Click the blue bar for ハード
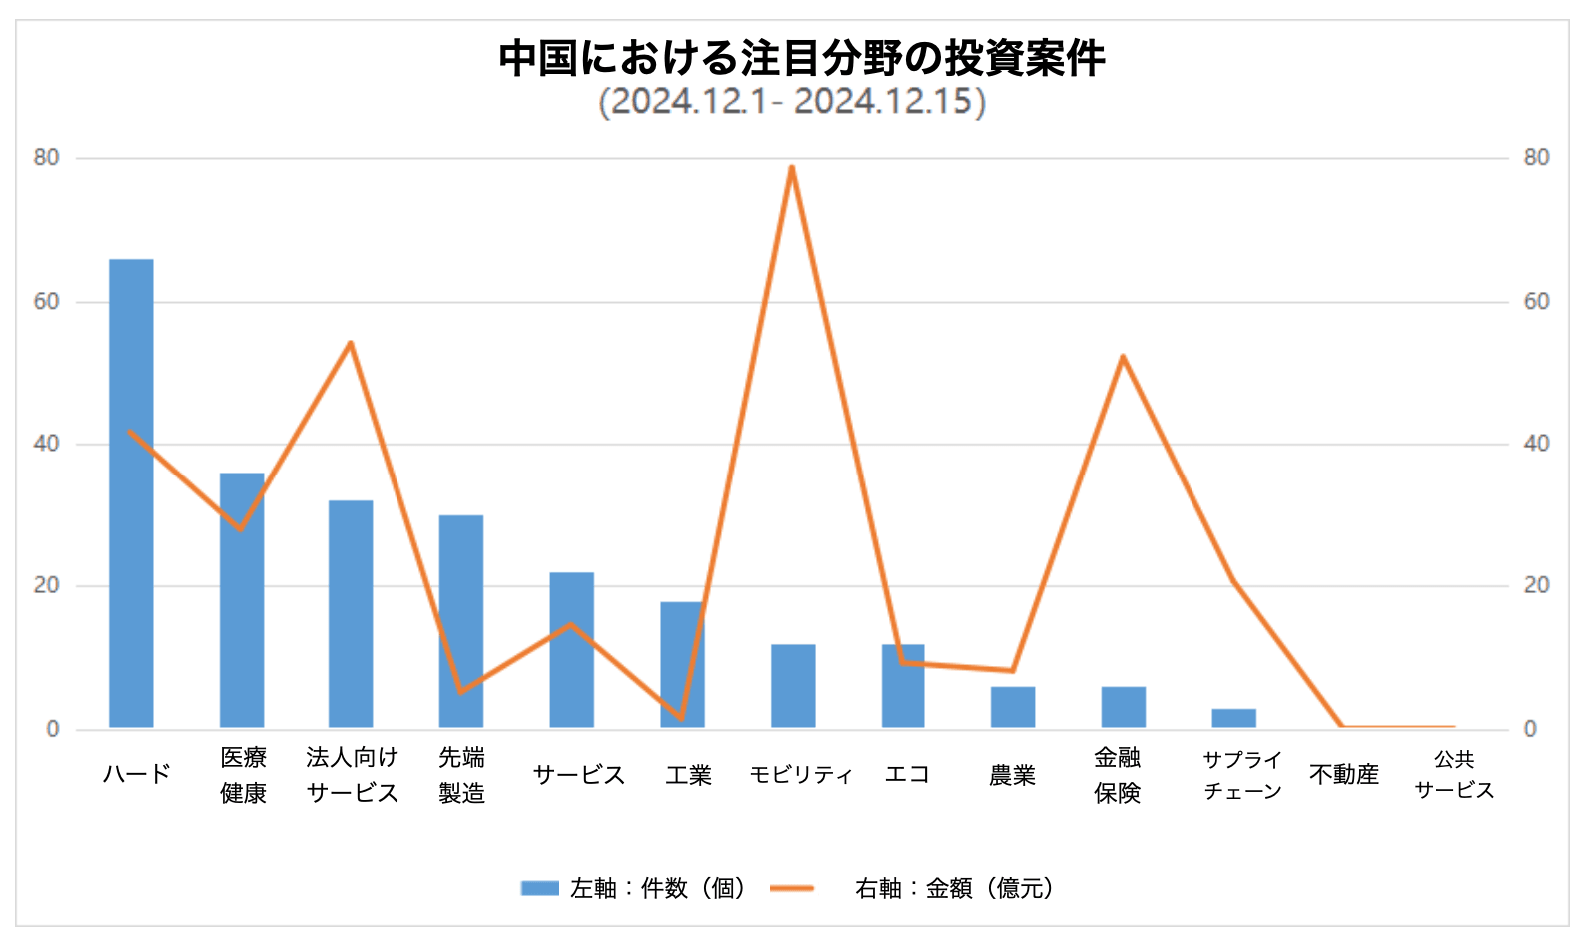(131, 493)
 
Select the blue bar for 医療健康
(242, 600)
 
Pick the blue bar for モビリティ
(793, 686)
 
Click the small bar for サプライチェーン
(1234, 718)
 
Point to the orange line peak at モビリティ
(791, 167)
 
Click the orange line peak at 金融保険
(1123, 356)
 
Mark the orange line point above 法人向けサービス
(351, 343)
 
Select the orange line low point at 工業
(682, 718)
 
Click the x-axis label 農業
(1012, 775)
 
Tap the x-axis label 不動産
(1344, 774)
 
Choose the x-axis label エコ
(907, 774)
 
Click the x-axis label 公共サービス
(1454, 774)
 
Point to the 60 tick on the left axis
(47, 301)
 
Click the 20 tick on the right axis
(1536, 586)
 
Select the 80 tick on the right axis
(1536, 158)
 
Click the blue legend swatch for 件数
(540, 888)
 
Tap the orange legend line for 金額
(792, 888)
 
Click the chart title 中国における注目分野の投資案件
(802, 58)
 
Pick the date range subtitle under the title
(792, 102)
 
